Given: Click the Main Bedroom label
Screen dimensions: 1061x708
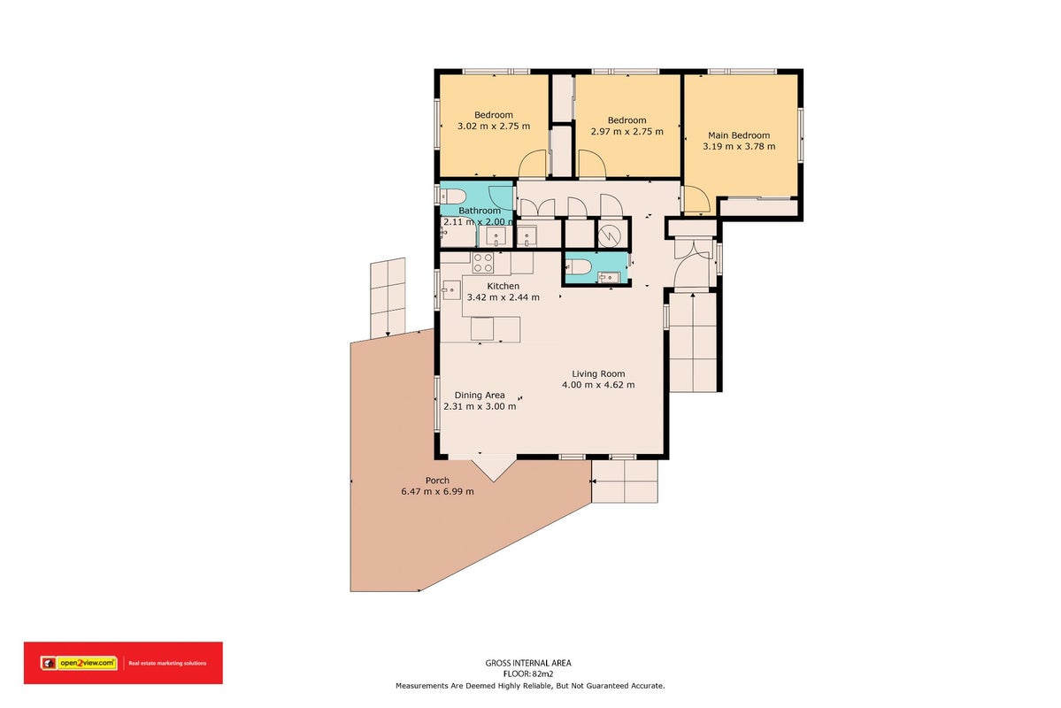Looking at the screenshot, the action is tap(739, 135).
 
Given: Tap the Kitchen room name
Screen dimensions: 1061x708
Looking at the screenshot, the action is tap(504, 287).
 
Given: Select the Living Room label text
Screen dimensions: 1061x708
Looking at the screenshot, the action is tap(598, 373).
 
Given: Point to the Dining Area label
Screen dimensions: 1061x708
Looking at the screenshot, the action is tap(480, 396).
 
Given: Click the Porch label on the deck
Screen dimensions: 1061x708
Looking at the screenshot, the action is tap(437, 481).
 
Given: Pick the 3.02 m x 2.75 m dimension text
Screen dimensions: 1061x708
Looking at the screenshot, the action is tap(494, 126).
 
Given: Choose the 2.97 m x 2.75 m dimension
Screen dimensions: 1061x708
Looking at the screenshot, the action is tap(627, 131).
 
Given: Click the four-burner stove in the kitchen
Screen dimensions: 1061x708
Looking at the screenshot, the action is tap(482, 263).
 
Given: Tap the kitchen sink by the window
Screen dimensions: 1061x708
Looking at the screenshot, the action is tap(451, 290).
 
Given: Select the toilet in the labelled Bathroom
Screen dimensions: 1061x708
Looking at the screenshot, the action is tap(452, 196).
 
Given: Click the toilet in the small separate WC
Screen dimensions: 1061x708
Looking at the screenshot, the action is tap(577, 266).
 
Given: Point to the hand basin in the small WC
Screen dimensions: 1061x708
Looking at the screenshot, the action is tap(608, 277).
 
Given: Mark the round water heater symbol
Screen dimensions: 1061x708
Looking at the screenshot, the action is tap(608, 235).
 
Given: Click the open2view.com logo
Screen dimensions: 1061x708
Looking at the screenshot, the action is tap(79, 664).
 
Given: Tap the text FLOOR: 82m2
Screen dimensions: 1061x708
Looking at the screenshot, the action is tap(528, 674).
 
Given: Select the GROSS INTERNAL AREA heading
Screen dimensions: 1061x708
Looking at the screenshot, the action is tap(528, 664).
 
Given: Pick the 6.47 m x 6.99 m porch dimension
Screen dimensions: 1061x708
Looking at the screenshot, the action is tap(437, 491).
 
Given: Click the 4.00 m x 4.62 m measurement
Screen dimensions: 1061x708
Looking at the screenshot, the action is tap(598, 385).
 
